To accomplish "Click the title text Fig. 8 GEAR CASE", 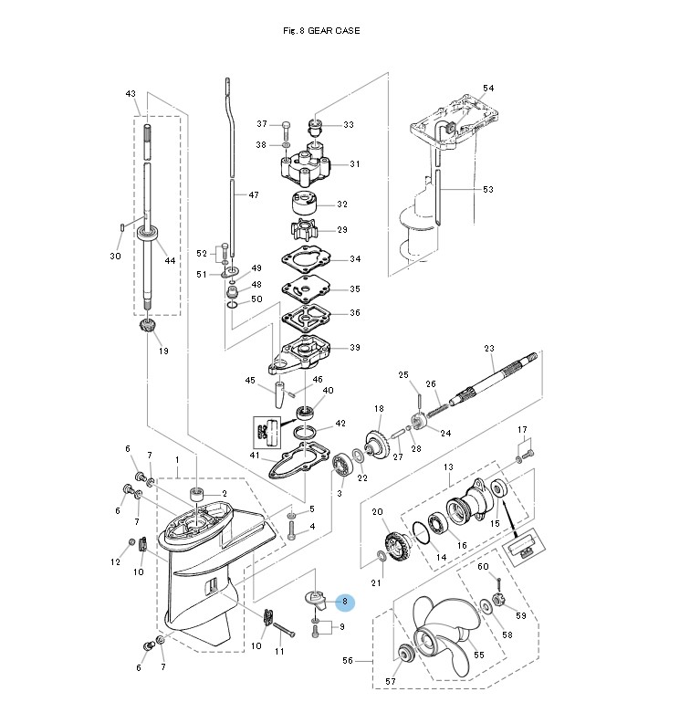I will [322, 31].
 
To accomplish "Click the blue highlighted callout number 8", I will [344, 602].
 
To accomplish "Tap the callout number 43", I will [131, 93].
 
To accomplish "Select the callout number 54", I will [488, 88].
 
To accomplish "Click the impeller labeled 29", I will [304, 228].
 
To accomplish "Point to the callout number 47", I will [254, 195].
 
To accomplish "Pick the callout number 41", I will [255, 456].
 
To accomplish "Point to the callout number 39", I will [354, 348].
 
